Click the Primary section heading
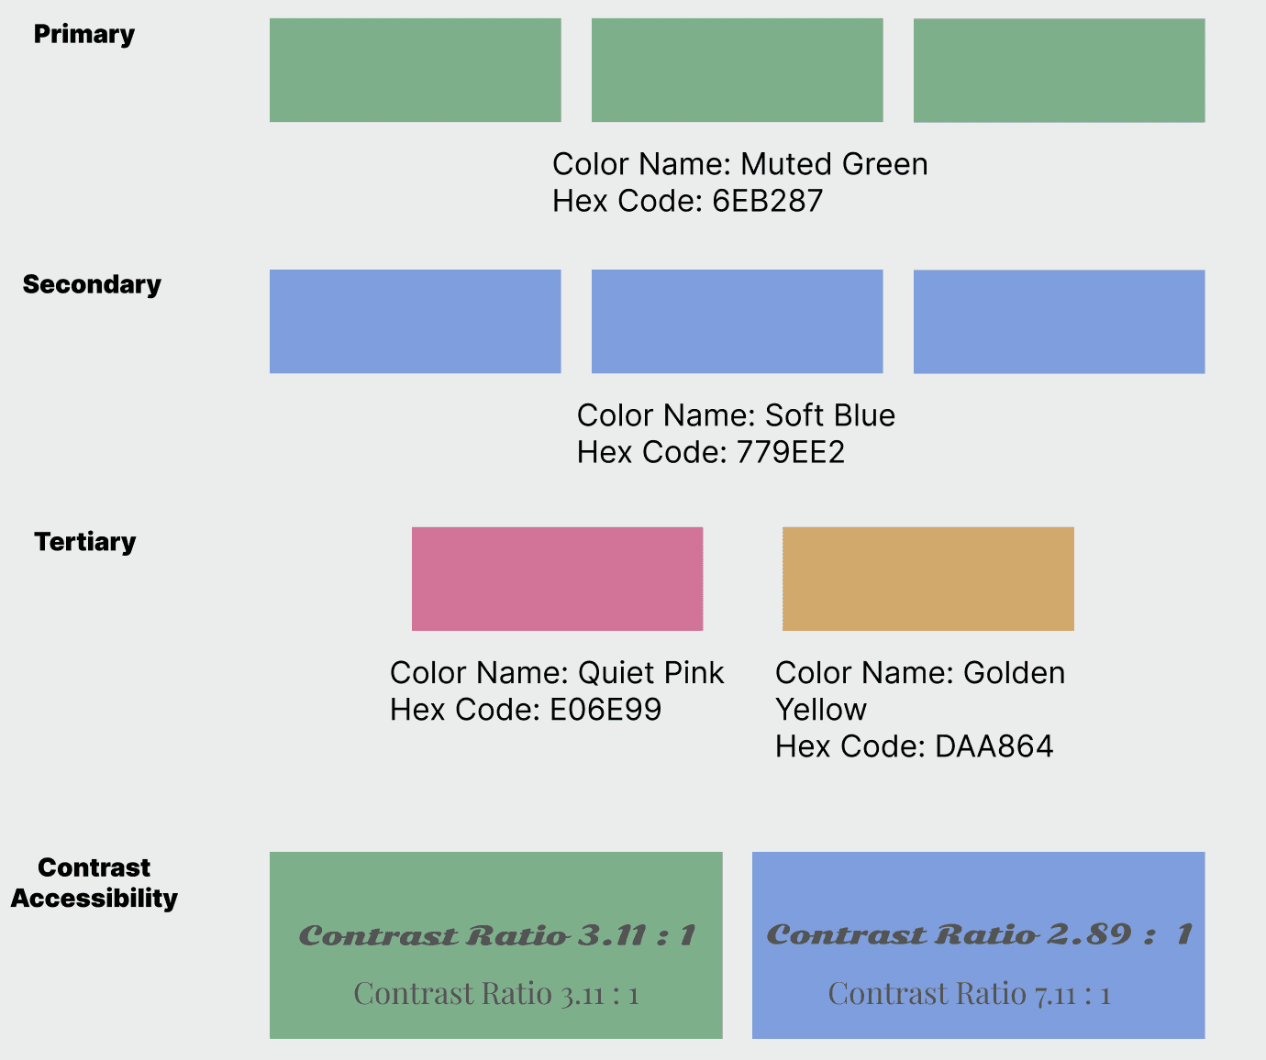pyautogui.click(x=84, y=35)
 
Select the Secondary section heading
pyautogui.click(x=92, y=285)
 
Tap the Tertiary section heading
pyautogui.click(x=85, y=543)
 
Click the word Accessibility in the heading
pyautogui.click(x=94, y=899)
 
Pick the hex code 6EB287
pyautogui.click(x=768, y=202)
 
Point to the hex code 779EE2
pyautogui.click(x=791, y=453)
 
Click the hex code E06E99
pyautogui.click(x=605, y=711)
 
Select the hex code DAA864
pyautogui.click(x=994, y=747)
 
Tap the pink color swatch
pyautogui.click(x=557, y=579)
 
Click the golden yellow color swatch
pyautogui.click(x=927, y=579)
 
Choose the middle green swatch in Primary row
pyautogui.click(x=737, y=70)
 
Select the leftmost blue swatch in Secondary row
pyautogui.click(x=415, y=321)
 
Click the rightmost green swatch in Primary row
pyautogui.click(x=1059, y=70)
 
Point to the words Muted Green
pyautogui.click(x=834, y=165)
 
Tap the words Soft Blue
pyautogui.click(x=829, y=416)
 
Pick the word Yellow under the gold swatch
pyautogui.click(x=821, y=711)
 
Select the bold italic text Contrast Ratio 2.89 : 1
pyautogui.click(x=979, y=934)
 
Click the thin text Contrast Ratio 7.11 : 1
pyautogui.click(x=969, y=994)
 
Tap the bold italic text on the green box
pyautogui.click(x=496, y=935)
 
